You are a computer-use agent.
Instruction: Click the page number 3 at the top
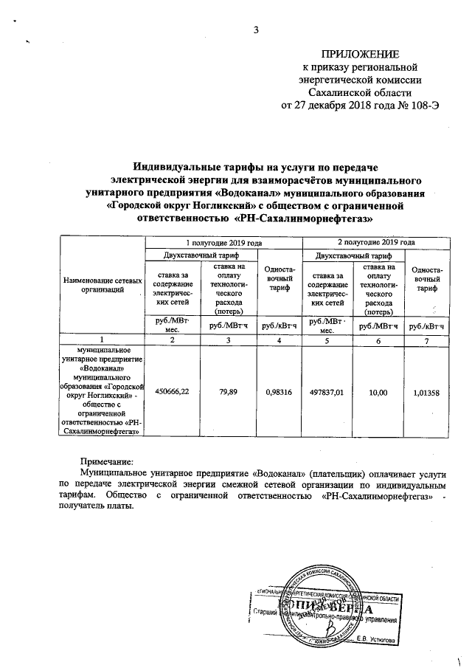click(x=257, y=30)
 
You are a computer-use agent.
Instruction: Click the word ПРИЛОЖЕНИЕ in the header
click(x=359, y=54)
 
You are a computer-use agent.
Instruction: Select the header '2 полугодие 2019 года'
click(x=375, y=242)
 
